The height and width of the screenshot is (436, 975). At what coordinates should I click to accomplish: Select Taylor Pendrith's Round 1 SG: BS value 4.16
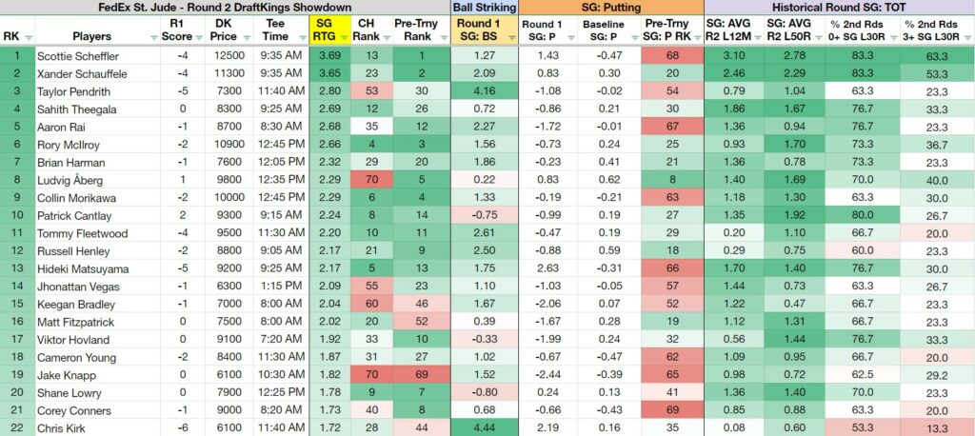[x=484, y=91]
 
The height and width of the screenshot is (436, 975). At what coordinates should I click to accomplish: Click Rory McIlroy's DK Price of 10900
[x=228, y=145]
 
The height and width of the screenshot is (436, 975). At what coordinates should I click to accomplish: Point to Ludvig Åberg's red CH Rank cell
[x=366, y=180]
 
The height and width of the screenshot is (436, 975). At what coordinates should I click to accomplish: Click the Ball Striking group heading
[x=485, y=8]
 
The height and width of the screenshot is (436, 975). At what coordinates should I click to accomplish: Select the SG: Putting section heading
[x=610, y=8]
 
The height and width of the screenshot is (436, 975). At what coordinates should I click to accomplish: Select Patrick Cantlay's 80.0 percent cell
[x=863, y=215]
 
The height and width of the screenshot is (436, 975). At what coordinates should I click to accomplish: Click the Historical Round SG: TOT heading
[x=839, y=8]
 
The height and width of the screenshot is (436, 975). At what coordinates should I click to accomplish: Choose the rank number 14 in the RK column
[x=17, y=287]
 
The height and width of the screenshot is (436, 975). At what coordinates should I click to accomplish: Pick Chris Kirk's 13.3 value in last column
[x=937, y=428]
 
